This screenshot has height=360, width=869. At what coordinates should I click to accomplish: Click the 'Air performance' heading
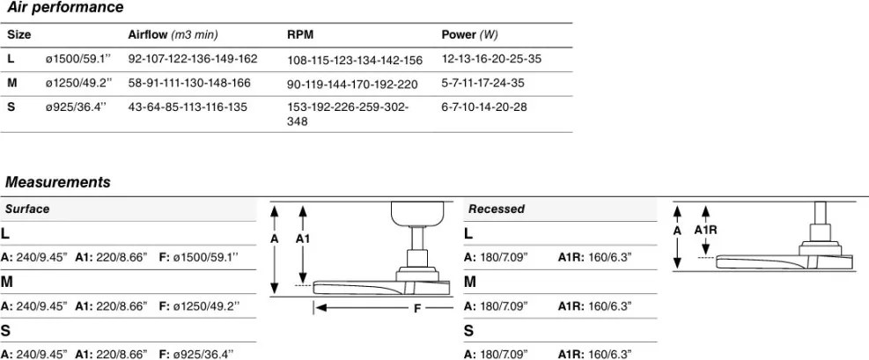point(64,8)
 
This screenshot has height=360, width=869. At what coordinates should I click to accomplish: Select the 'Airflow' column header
point(146,35)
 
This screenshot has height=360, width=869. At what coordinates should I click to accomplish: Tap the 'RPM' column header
point(300,35)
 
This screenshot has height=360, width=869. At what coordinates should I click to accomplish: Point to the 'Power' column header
point(459,35)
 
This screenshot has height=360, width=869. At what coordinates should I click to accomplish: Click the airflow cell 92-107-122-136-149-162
point(193,59)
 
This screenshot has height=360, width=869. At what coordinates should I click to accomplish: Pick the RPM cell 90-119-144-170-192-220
point(352,84)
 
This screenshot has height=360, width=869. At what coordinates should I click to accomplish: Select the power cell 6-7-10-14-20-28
point(484,107)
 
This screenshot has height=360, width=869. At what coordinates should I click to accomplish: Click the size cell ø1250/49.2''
point(78,83)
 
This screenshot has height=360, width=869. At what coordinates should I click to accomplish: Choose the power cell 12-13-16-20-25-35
point(491,59)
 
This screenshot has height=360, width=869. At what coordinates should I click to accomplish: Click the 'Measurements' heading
point(57,181)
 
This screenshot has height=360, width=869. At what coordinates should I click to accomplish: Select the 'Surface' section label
point(27,209)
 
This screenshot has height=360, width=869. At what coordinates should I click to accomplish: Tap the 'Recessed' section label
point(497,209)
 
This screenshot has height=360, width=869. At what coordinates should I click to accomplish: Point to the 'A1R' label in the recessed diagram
point(705,229)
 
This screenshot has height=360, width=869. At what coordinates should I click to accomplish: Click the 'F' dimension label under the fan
point(417,308)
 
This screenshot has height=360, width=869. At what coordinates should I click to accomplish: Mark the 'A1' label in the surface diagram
point(303,239)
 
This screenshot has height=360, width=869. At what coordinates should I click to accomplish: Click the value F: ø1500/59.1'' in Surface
point(199,258)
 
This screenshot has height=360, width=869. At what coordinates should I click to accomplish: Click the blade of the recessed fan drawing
point(784,261)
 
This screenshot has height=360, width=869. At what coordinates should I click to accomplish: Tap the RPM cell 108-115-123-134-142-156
point(355,60)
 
